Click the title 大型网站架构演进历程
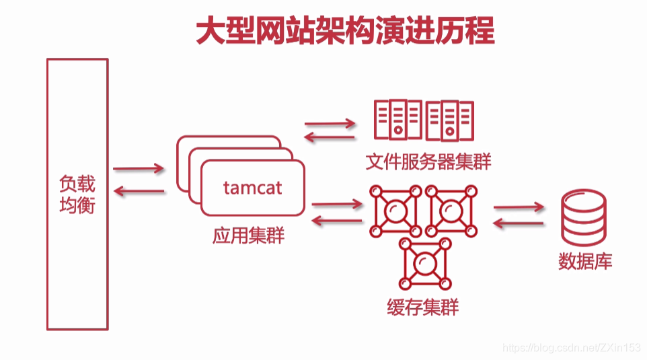click(345, 31)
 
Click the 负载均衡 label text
click(77, 194)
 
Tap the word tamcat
click(253, 187)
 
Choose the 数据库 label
click(585, 261)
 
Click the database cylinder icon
click(584, 219)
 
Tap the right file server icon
click(449, 120)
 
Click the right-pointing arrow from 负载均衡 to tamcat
click(139, 168)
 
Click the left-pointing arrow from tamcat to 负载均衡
click(139, 192)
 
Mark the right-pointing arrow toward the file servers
click(330, 124)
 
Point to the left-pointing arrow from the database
click(518, 223)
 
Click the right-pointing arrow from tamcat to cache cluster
click(336, 203)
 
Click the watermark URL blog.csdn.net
click(572, 347)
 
